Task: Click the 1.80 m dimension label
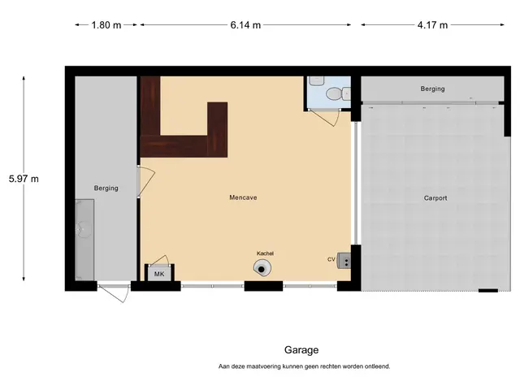click(106, 25)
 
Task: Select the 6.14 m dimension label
click(245, 25)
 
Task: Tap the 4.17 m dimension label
click(432, 25)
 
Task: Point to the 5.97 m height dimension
click(24, 179)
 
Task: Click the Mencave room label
click(243, 197)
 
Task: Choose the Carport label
click(435, 198)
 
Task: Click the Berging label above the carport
click(432, 89)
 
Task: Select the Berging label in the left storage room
click(106, 188)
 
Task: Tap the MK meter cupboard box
click(159, 273)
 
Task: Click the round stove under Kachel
click(262, 268)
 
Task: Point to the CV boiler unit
click(344, 260)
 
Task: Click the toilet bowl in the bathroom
click(334, 94)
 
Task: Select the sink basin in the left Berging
click(84, 229)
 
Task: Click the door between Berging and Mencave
click(145, 180)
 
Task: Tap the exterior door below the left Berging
click(115, 292)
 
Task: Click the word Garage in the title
click(301, 350)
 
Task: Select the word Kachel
click(266, 253)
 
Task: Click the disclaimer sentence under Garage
click(304, 366)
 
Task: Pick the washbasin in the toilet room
click(316, 80)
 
